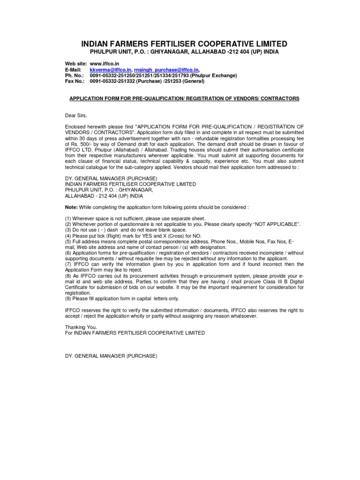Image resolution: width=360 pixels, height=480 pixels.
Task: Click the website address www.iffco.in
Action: pyautogui.click(x=103, y=63)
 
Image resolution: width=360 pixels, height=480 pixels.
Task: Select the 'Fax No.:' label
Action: pyautogui.click(x=75, y=81)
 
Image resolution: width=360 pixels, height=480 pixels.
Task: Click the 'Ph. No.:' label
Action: pyautogui.click(x=74, y=75)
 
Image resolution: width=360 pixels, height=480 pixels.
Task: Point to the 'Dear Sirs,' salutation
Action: pyautogui.click(x=76, y=115)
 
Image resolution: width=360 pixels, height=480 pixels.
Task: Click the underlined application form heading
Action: pyautogui.click(x=184, y=98)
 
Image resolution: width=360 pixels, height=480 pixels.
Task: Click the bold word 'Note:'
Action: pyautogui.click(x=72, y=206)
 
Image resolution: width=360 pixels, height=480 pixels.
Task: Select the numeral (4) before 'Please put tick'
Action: pyautogui.click(x=68, y=236)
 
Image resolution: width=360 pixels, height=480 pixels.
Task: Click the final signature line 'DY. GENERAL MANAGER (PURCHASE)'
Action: pyautogui.click(x=111, y=356)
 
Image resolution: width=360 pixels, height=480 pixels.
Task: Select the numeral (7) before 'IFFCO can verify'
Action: pyautogui.click(x=68, y=264)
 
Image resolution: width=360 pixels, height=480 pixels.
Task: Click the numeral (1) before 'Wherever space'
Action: pyautogui.click(x=68, y=218)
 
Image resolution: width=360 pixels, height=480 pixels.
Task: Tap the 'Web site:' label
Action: pyautogui.click(x=75, y=63)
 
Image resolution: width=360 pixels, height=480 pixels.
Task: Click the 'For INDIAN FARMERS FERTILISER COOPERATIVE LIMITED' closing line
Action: pyautogui.click(x=135, y=332)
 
